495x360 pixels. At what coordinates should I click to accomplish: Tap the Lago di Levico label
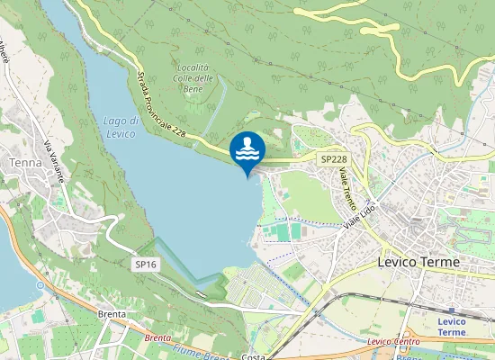[x=120, y=127]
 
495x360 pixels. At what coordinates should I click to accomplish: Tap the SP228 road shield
[x=333, y=159]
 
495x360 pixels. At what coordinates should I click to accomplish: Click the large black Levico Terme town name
[x=416, y=262]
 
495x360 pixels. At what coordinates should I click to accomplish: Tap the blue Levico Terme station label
[x=452, y=327]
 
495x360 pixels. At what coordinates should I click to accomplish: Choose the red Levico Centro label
[x=394, y=342]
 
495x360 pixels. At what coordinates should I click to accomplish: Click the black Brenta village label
[x=112, y=315]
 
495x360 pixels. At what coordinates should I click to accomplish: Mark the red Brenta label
[x=157, y=337]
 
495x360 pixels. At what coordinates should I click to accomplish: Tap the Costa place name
[x=253, y=355]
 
